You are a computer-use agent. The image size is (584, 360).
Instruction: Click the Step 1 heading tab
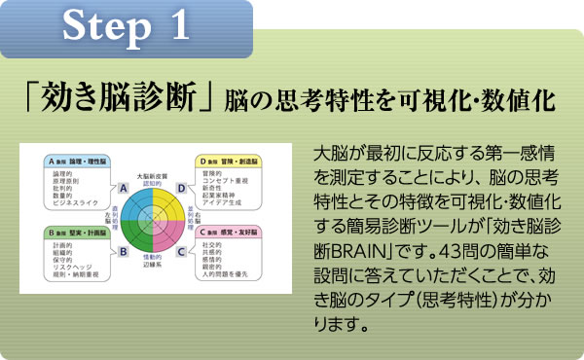click(x=126, y=26)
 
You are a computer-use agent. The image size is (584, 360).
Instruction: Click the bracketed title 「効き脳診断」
click(x=121, y=98)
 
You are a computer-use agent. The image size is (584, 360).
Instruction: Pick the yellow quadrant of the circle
click(x=171, y=182)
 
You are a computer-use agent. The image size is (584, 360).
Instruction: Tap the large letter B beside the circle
click(x=124, y=250)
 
